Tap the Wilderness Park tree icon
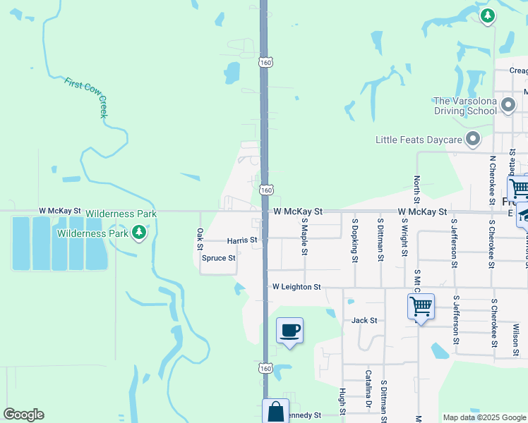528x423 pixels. click(139, 232)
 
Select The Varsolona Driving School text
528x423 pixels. click(465, 106)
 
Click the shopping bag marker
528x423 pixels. click(275, 412)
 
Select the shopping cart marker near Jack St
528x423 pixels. click(421, 307)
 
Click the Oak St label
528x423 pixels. click(200, 238)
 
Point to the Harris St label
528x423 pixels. click(242, 240)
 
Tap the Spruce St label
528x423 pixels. click(218, 258)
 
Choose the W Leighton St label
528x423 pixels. click(296, 288)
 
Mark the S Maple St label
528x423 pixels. click(305, 236)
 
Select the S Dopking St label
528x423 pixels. click(354, 240)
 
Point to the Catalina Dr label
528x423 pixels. click(368, 389)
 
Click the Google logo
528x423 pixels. click(23, 415)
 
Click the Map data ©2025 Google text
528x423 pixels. click(484, 417)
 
